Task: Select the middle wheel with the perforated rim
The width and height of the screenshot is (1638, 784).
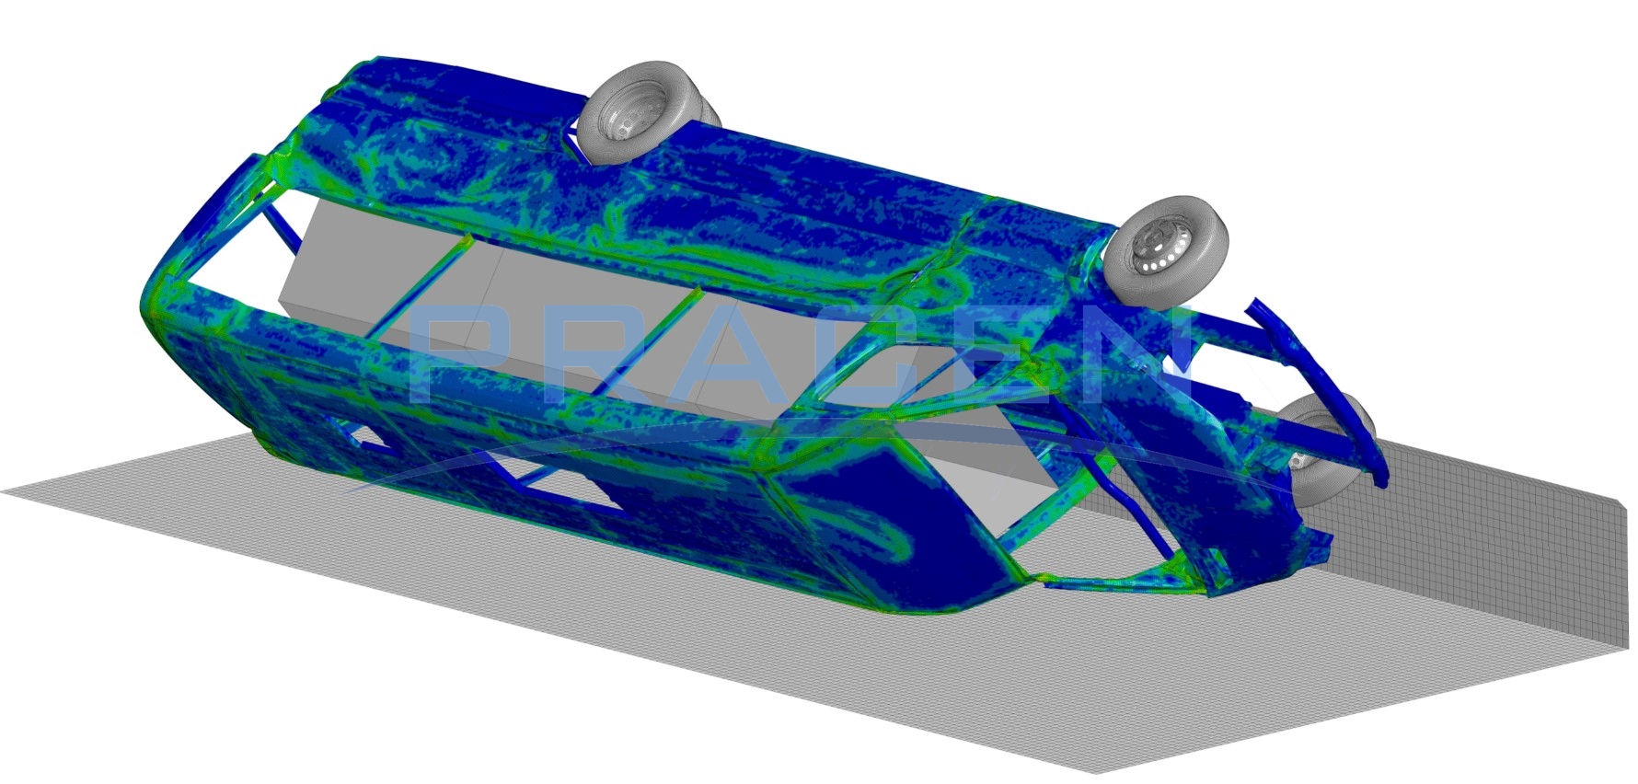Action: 1166,250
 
